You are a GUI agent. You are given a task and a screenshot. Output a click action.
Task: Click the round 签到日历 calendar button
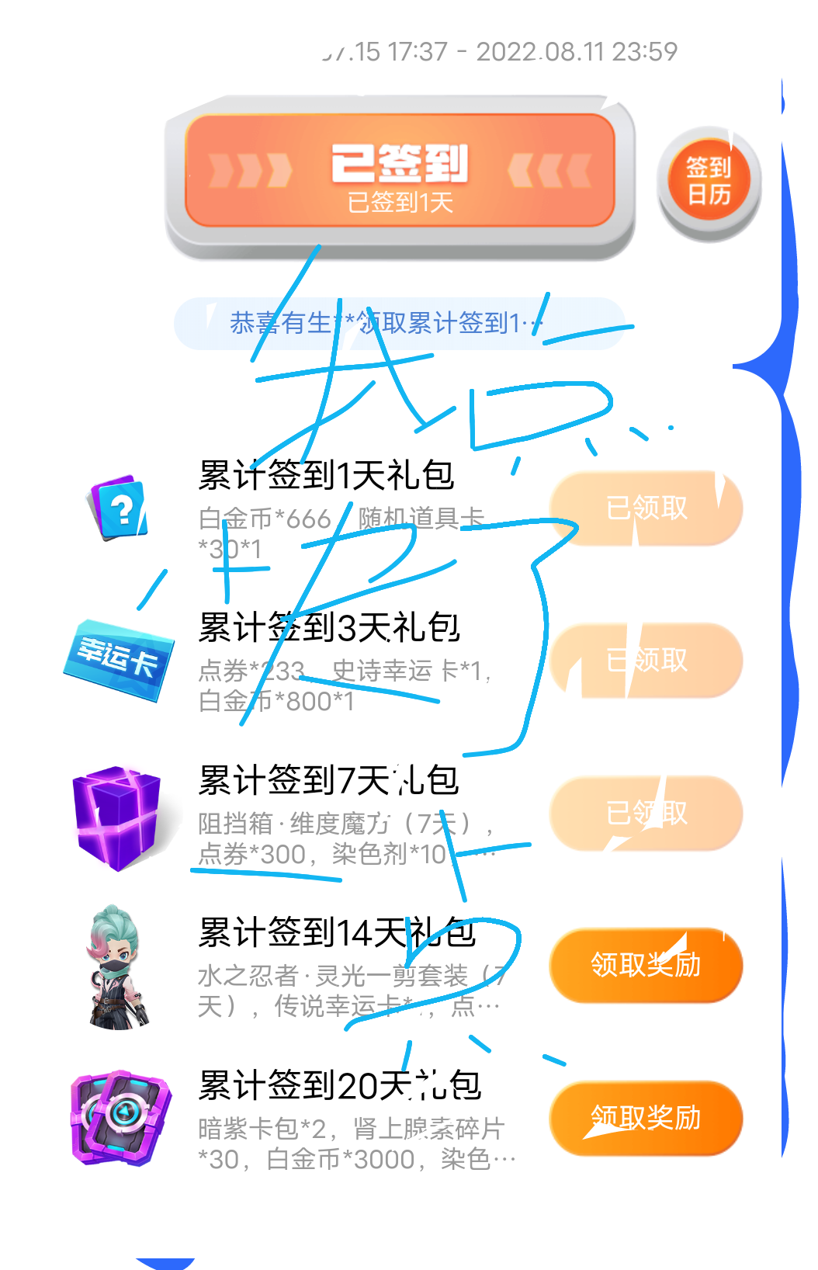point(709,180)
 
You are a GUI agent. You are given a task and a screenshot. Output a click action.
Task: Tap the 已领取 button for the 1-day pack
point(646,508)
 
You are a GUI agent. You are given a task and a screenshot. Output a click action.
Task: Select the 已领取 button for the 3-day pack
point(646,660)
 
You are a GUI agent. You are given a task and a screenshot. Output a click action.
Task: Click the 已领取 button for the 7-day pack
point(646,813)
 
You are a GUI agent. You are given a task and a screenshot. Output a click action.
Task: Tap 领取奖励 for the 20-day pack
point(646,1118)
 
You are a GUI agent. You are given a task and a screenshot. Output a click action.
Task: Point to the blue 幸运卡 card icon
point(119,660)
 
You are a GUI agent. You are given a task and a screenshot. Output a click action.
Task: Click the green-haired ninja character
point(116,967)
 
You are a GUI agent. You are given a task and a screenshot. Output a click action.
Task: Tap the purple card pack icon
point(120,1118)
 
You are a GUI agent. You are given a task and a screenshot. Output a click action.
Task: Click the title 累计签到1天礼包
point(326,475)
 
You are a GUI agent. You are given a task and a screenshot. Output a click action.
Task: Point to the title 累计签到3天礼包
point(329,627)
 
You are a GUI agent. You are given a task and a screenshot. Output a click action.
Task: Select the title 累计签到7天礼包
point(328,780)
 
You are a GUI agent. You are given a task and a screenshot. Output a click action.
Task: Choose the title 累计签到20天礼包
point(339,1085)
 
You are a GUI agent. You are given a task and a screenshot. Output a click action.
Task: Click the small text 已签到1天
point(400,203)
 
